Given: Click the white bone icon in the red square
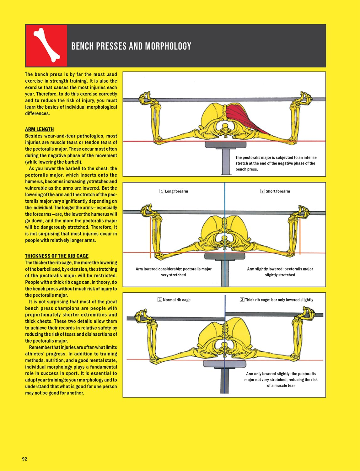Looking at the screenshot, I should click(46, 45).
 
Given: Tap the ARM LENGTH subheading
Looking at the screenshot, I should click(39, 129).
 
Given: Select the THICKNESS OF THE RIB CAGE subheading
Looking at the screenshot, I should click(57, 256).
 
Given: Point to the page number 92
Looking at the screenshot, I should click(24, 459).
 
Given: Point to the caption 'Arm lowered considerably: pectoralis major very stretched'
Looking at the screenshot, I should click(174, 272).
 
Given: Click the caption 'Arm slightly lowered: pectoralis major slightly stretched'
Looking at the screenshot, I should click(280, 272).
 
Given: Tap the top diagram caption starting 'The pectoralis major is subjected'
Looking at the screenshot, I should click(276, 163).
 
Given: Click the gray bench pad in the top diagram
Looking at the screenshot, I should click(224, 144).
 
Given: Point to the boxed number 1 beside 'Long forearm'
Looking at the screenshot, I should click(162, 191).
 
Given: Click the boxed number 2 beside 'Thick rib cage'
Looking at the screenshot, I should click(242, 300).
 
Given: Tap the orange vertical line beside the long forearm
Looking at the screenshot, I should click(151, 237).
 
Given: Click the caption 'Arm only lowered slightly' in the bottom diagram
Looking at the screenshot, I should click(281, 380).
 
